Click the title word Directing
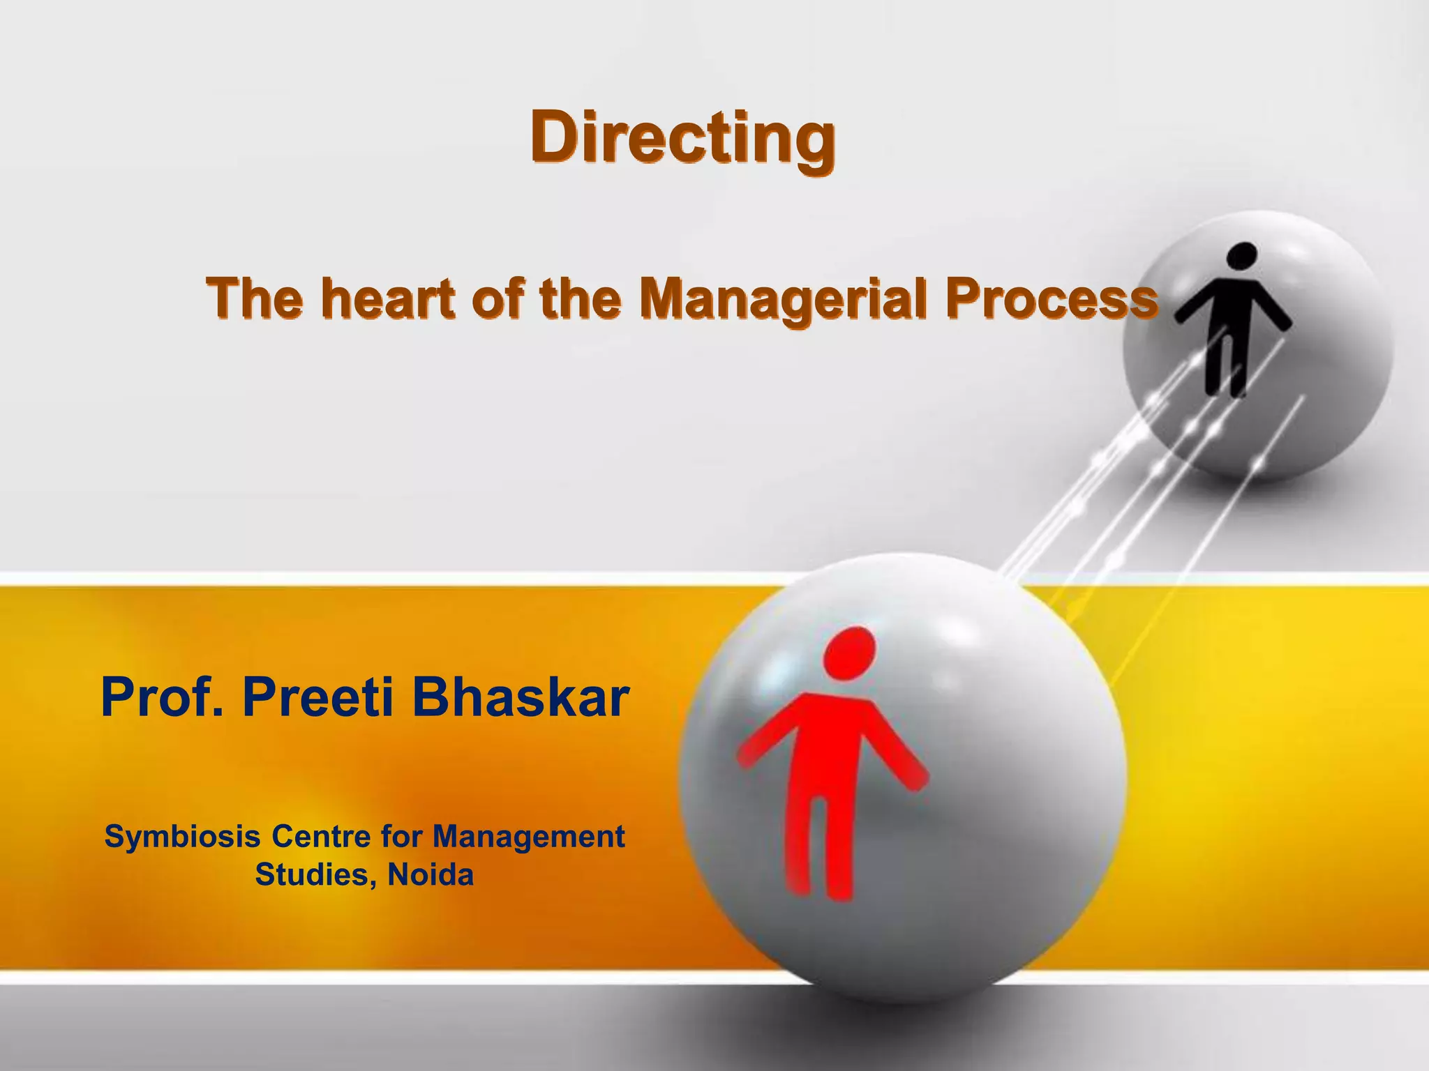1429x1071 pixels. (x=682, y=137)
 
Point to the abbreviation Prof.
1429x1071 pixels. (x=163, y=698)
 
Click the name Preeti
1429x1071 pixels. (x=317, y=698)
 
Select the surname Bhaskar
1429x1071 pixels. (x=521, y=698)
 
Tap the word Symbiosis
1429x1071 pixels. (x=183, y=837)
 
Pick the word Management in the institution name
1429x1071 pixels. (x=528, y=837)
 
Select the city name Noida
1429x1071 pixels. (x=431, y=874)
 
